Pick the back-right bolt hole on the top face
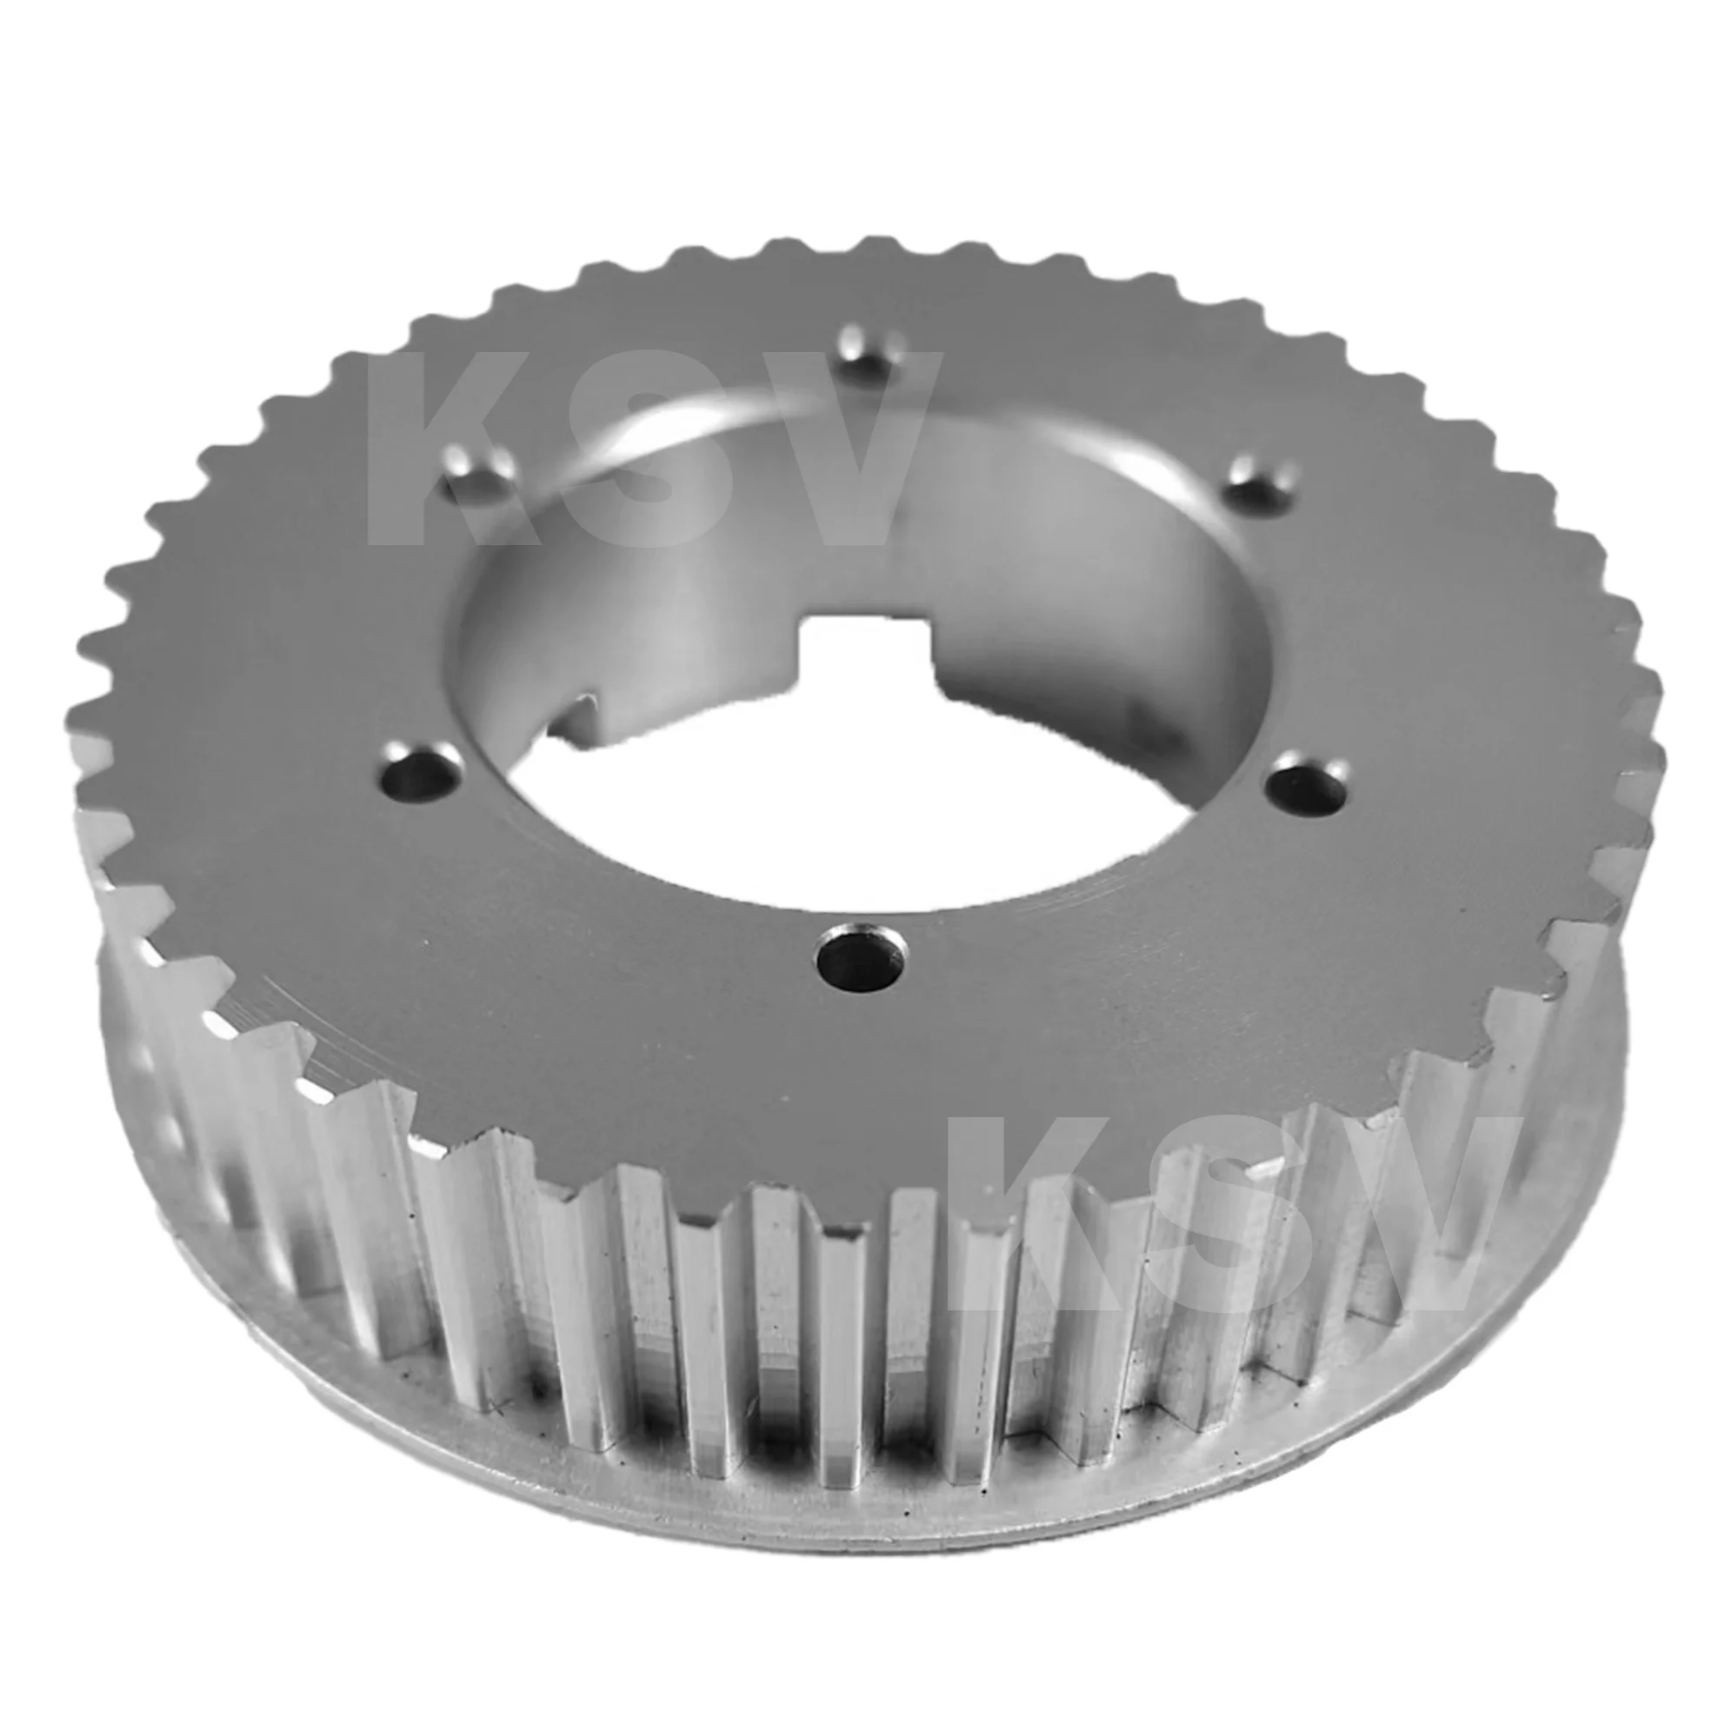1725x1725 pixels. (x=1260, y=482)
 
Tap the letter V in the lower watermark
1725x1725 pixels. (x=1420, y=1215)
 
